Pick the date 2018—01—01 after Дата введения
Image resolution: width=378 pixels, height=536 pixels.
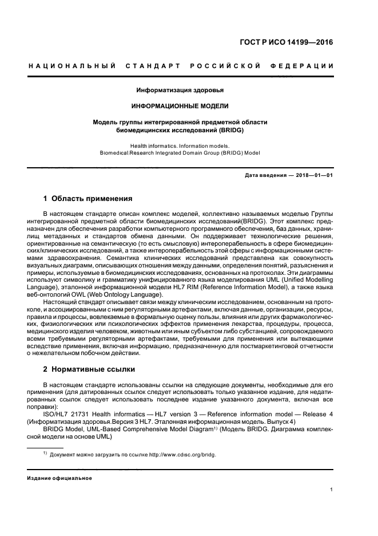(312, 175)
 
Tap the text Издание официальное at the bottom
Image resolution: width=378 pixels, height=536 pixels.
(59, 478)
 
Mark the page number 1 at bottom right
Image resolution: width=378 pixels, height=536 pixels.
(332, 489)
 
